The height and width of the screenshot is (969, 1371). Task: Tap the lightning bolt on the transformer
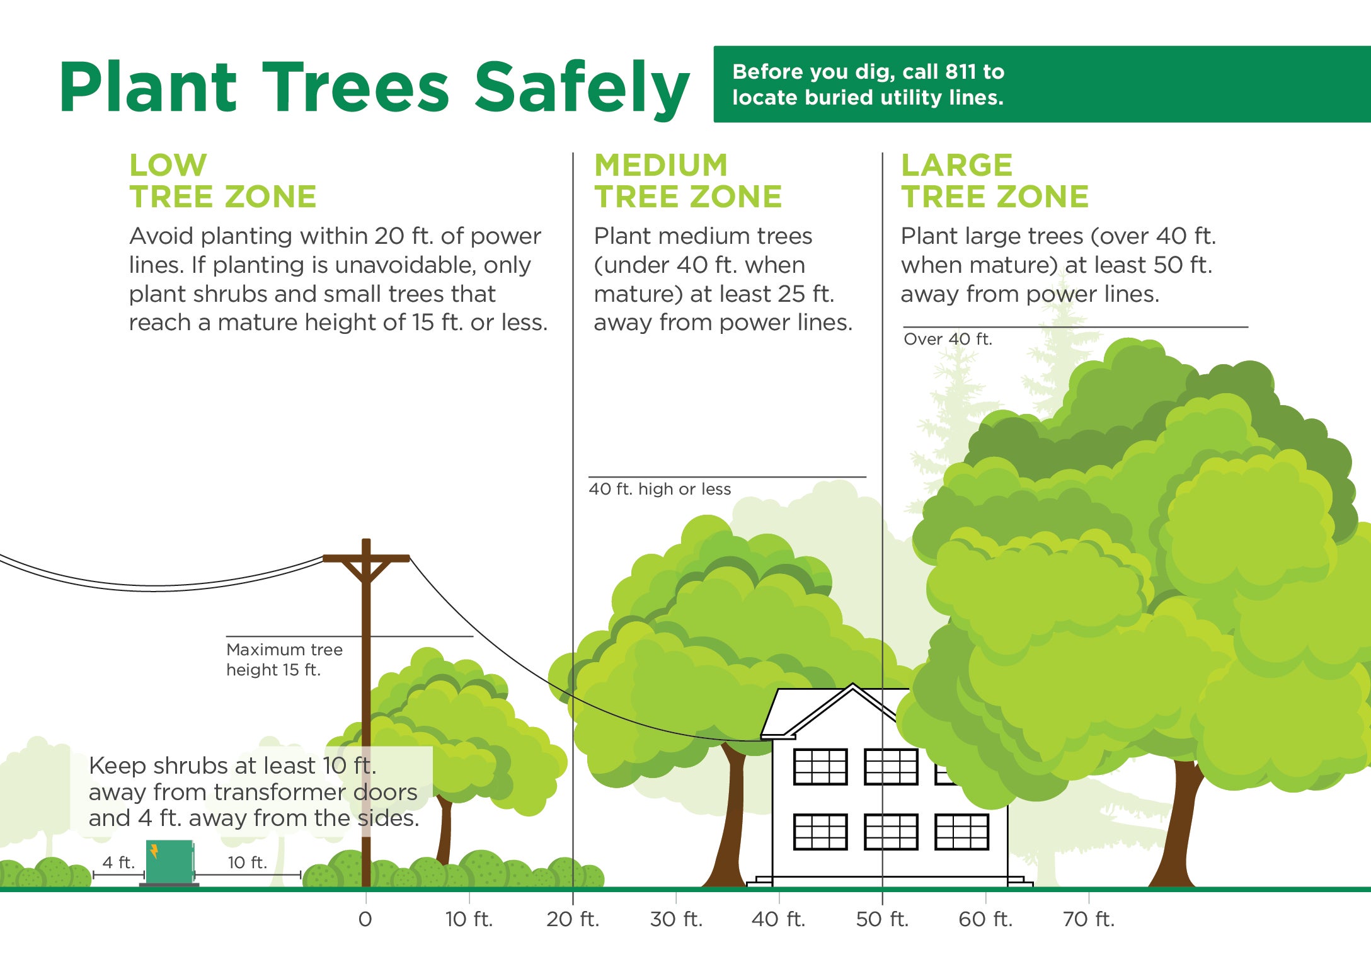pyautogui.click(x=154, y=851)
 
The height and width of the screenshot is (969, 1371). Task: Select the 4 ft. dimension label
pyautogui.click(x=118, y=862)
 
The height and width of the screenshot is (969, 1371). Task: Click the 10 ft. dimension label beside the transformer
pyautogui.click(x=247, y=862)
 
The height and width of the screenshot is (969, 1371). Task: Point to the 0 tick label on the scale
pyautogui.click(x=365, y=919)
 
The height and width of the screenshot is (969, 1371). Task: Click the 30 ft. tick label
pyautogui.click(x=675, y=919)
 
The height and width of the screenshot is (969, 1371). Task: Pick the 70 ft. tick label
pyautogui.click(x=1088, y=919)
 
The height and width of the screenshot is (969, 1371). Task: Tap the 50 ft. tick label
pyautogui.click(x=881, y=919)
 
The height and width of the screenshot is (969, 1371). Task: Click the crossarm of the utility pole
pyautogui.click(x=366, y=558)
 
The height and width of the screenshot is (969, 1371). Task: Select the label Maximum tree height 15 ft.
pyautogui.click(x=284, y=659)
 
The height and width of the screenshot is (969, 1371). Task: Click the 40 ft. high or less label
pyautogui.click(x=659, y=489)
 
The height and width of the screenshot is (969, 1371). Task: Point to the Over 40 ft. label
pyautogui.click(x=947, y=339)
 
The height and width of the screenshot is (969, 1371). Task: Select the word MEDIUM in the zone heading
pyautogui.click(x=660, y=166)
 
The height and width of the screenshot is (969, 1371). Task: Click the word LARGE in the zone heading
pyautogui.click(x=956, y=166)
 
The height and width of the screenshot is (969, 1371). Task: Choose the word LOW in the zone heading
pyautogui.click(x=168, y=166)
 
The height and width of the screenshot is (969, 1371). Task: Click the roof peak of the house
pyautogui.click(x=852, y=688)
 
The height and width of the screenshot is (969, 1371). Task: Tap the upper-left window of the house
pyautogui.click(x=820, y=766)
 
